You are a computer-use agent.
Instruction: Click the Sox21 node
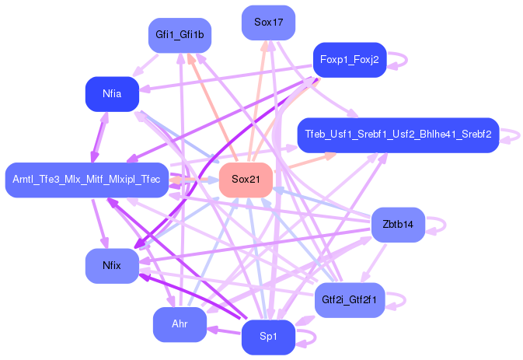coord(245,180)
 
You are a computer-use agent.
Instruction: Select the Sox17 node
coord(268,23)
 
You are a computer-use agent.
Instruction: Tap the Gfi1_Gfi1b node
coord(180,35)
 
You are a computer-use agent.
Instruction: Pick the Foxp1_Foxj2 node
coord(349,59)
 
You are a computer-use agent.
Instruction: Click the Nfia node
coord(112,94)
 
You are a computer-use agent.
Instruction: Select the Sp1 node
coord(268,337)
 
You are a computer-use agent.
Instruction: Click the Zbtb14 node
coord(398,225)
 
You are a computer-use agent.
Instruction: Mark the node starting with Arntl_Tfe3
coord(86,180)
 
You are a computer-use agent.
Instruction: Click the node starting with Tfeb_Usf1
coord(397,135)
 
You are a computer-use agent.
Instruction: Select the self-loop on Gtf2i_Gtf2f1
coord(403,299)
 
